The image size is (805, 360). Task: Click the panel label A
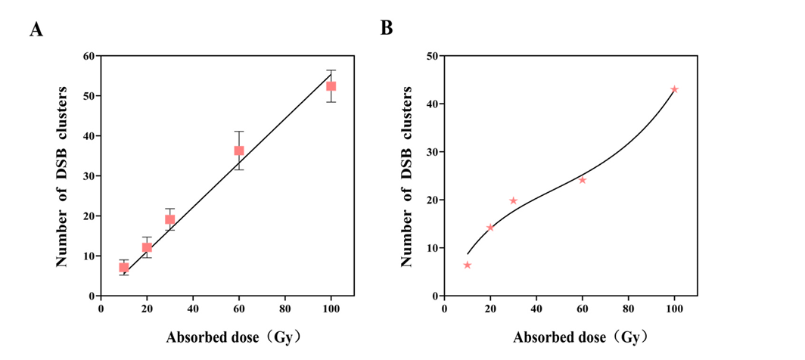pyautogui.click(x=35, y=29)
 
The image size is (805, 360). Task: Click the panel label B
pyautogui.click(x=387, y=28)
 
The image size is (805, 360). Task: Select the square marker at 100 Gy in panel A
pyautogui.click(x=331, y=86)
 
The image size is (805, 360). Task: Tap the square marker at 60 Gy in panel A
pyautogui.click(x=239, y=151)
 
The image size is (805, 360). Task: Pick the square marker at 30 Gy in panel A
pyautogui.click(x=170, y=219)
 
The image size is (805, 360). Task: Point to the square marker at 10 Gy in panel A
pyautogui.click(x=124, y=267)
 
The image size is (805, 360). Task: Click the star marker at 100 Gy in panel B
pyautogui.click(x=674, y=89)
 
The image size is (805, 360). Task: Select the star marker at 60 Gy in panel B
pyautogui.click(x=583, y=180)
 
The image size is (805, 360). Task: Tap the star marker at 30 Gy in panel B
pyautogui.click(x=513, y=200)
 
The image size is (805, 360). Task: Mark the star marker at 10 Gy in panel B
pyautogui.click(x=468, y=265)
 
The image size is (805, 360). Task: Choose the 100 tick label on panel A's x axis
pyautogui.click(x=331, y=309)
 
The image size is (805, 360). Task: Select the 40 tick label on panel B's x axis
pyautogui.click(x=536, y=309)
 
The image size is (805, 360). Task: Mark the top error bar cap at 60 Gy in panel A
pyautogui.click(x=239, y=132)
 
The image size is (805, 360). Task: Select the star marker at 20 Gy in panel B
pyautogui.click(x=490, y=228)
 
